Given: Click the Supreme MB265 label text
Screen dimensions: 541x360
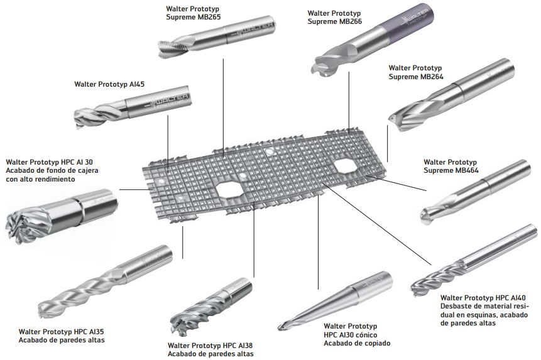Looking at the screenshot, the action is tap(193, 13).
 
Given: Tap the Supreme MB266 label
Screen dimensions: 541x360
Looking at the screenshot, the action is tap(334, 17).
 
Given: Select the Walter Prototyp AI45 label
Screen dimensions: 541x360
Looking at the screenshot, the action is tap(109, 84).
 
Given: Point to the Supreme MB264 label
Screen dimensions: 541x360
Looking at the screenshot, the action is tap(416, 72).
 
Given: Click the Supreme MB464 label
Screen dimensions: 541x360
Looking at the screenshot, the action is tap(451, 166).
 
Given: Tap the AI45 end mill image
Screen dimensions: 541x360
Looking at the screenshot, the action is tap(133, 107).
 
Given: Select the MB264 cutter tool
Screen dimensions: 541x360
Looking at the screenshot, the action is tap(451, 95).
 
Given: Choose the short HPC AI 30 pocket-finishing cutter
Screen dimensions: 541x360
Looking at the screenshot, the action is tap(62, 215).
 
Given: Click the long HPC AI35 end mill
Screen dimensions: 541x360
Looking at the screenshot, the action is tap(105, 281).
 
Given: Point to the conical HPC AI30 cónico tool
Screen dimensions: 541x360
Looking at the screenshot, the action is tap(336, 301).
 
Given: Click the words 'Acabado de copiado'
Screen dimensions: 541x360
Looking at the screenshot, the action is tap(357, 343).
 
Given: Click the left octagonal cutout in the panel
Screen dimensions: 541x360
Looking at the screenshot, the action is tap(229, 190).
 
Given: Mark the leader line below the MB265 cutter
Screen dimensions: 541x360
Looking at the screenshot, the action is tap(223, 108).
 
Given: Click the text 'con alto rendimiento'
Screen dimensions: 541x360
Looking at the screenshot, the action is tap(40, 179).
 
